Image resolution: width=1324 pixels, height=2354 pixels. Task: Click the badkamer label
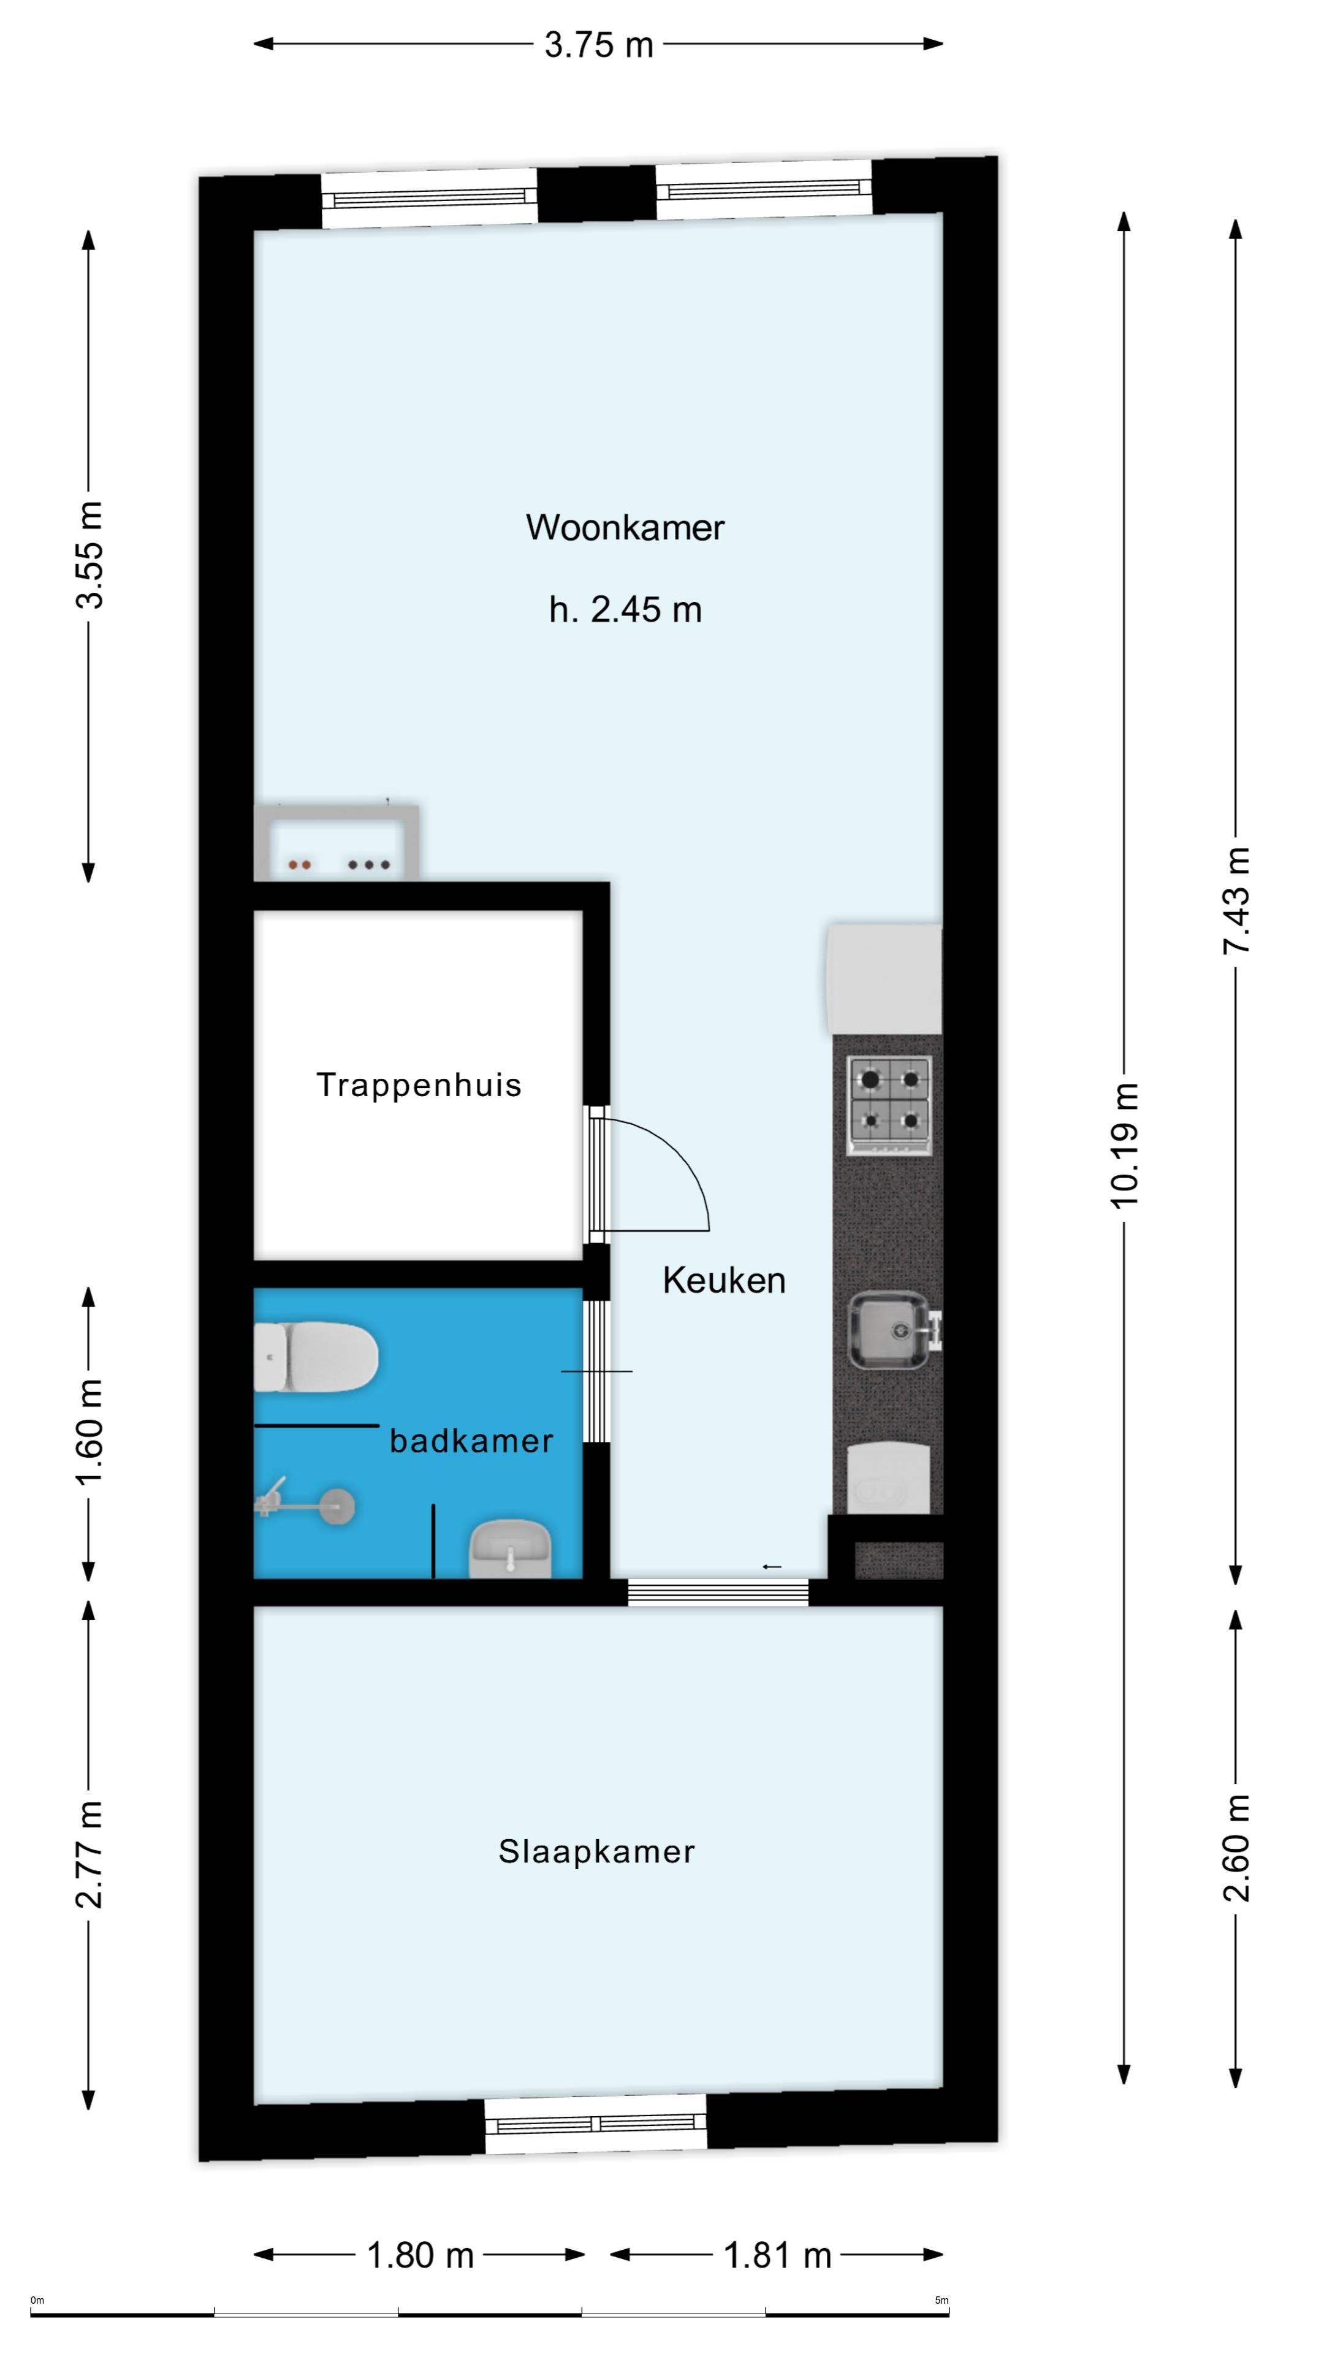[471, 1441]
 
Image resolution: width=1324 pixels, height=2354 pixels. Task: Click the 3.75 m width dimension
[598, 44]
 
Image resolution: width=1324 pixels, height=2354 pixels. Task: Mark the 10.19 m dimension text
[1125, 1145]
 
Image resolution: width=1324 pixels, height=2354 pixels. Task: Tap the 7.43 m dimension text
[1236, 900]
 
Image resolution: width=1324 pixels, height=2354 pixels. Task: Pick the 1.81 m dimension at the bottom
[778, 2255]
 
